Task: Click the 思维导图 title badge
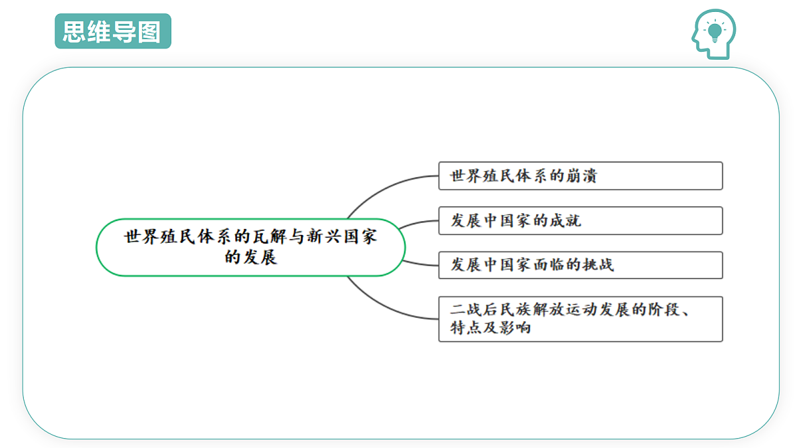[113, 31]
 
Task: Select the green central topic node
[250, 248]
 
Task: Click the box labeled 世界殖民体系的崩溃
[580, 176]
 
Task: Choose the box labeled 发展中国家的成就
[580, 220]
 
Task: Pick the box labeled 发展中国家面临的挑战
[580, 265]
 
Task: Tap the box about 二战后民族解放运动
[580, 319]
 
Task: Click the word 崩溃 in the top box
[581, 176]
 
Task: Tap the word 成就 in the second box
[565, 221]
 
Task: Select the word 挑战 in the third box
[598, 265]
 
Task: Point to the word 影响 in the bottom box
[515, 327]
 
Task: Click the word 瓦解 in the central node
[270, 237]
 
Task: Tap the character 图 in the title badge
[149, 32]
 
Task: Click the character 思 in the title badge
[74, 32]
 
